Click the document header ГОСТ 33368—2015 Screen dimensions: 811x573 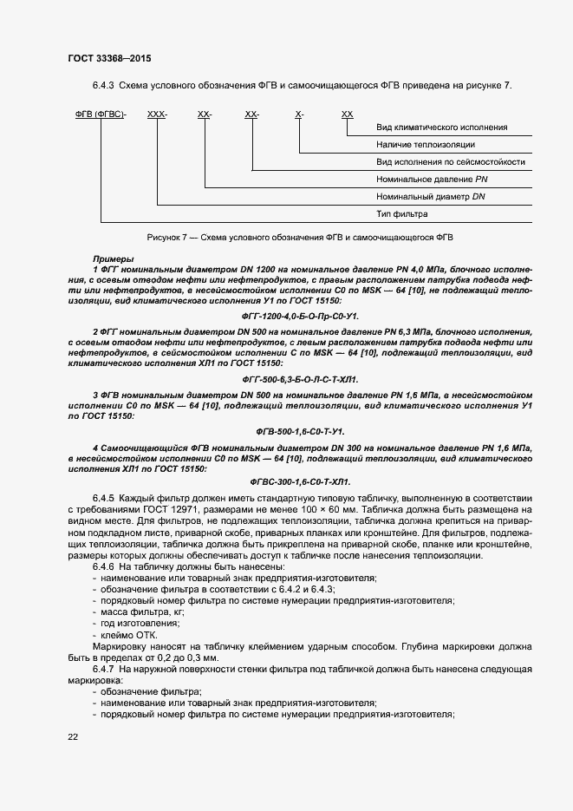108,57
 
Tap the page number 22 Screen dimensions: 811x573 73,736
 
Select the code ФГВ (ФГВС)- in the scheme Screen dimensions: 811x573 100,114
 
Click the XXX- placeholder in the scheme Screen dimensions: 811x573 157,114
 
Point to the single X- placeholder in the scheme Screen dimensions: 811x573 299,114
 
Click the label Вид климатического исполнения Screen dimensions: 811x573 441,128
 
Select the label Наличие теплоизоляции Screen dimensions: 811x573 425,145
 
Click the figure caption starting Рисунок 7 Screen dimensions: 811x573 299,236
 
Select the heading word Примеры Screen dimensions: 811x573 113,259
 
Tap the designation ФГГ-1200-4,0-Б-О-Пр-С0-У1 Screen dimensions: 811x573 299,317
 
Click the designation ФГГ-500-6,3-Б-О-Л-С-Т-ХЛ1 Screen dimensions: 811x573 299,380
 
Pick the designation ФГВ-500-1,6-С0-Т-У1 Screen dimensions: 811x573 299,431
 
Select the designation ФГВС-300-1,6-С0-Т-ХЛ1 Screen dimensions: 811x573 299,481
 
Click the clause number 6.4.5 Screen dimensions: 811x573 104,498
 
